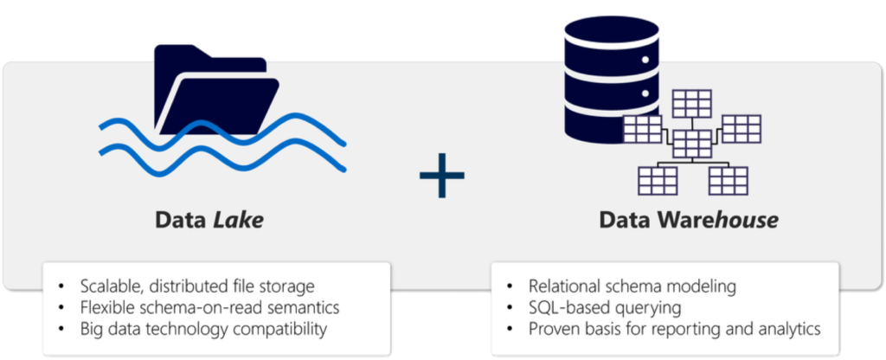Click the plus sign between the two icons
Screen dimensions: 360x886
[x=441, y=175]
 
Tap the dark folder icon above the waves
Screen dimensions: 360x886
[x=215, y=87]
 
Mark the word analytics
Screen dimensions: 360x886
[x=788, y=329]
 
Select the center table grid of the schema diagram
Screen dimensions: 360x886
[x=691, y=143]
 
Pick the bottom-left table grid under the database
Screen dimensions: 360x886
[x=657, y=180]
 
